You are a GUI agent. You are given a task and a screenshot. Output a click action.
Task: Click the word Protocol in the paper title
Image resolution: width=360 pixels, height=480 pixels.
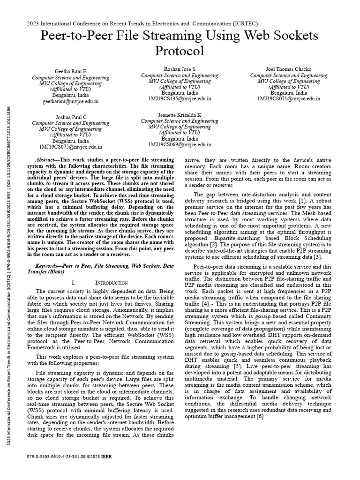[180, 50]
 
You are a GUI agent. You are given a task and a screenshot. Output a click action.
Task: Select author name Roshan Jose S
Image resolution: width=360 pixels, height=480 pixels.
[180, 69]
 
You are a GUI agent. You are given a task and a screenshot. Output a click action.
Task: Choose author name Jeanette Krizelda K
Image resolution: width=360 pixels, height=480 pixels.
[180, 115]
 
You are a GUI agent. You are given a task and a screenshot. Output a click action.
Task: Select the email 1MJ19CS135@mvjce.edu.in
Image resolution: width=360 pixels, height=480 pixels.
[180, 99]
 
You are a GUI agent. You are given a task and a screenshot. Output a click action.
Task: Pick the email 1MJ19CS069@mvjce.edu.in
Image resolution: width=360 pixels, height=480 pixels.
[180, 145]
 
